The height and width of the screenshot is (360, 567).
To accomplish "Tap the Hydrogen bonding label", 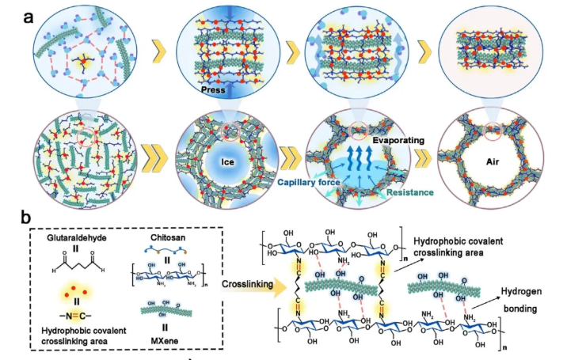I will [x=526, y=298].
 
